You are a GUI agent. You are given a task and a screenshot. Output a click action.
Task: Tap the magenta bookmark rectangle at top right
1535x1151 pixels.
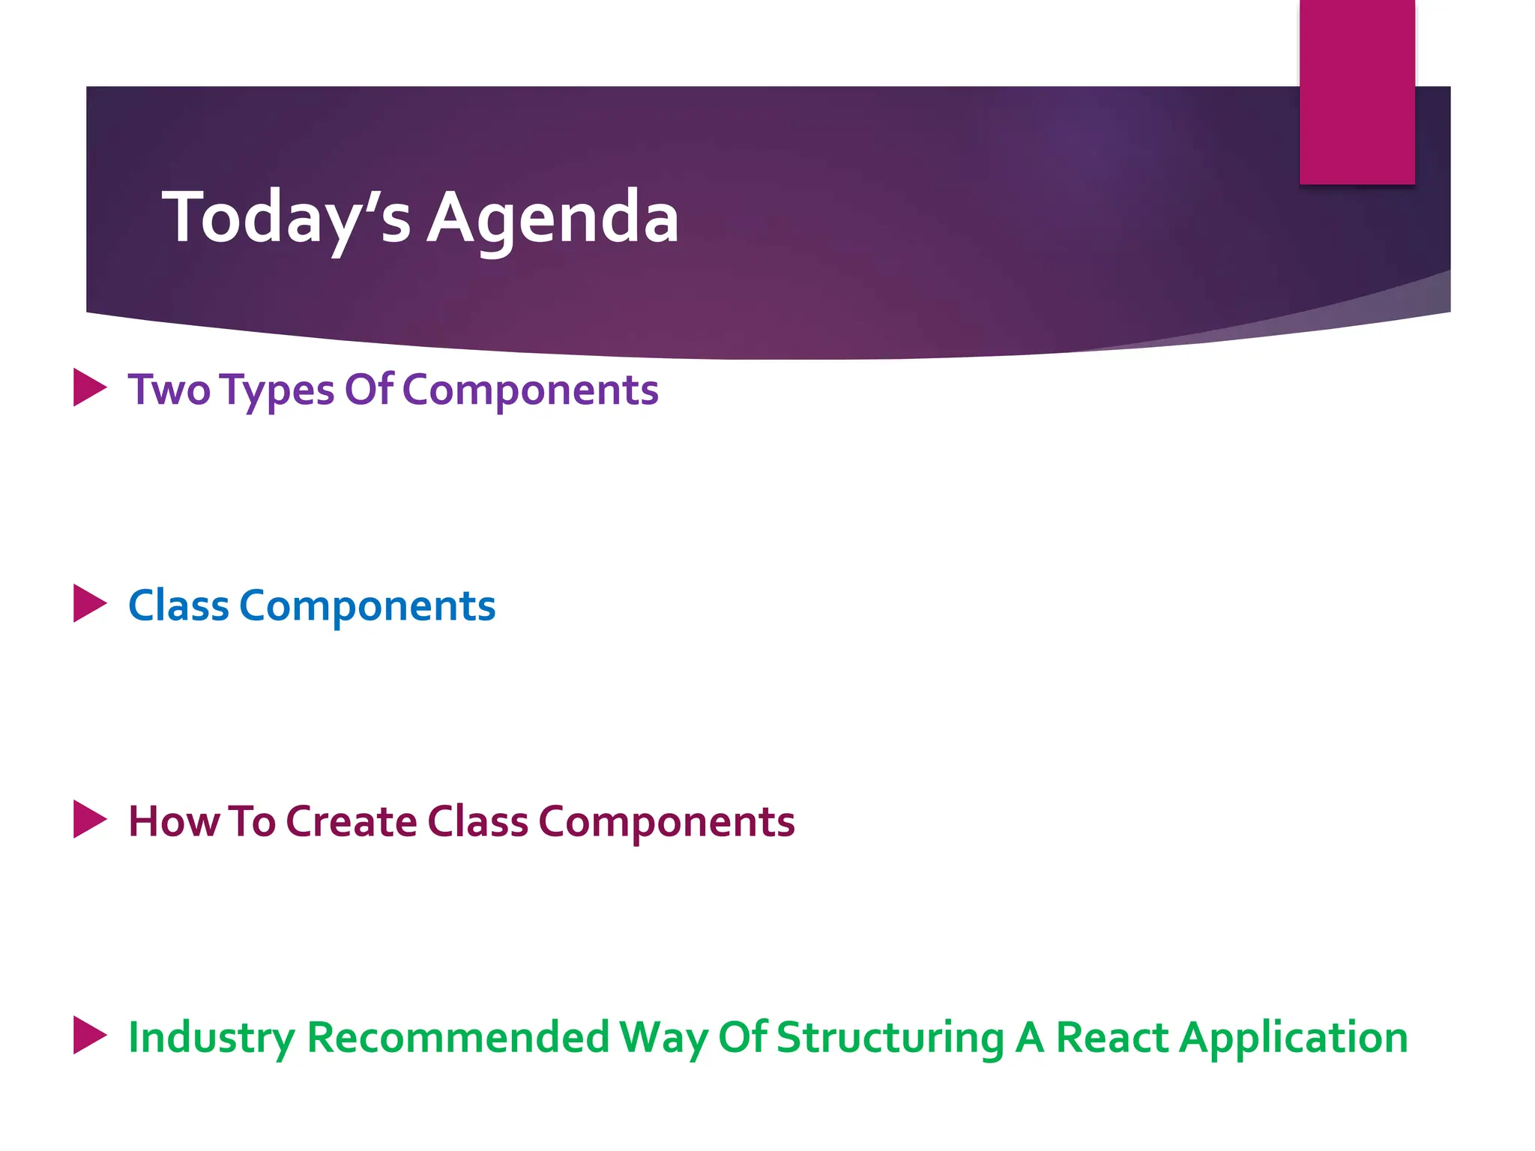pos(1357,91)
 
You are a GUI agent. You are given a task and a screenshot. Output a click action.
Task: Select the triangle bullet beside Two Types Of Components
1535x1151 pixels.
pos(89,387)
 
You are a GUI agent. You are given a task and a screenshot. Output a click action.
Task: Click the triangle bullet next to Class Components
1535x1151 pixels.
pos(89,603)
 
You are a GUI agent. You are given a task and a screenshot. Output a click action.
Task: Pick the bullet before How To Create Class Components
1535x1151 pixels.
pos(89,819)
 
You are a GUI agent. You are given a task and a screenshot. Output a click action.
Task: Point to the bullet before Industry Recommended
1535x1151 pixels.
pos(89,1036)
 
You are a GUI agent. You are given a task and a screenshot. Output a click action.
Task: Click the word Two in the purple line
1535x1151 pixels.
pos(169,390)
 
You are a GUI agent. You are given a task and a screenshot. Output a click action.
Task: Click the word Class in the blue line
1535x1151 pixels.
pos(178,605)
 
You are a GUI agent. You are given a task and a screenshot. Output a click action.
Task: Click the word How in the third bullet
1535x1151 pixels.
pos(174,821)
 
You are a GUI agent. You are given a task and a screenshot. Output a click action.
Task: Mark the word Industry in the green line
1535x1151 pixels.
pos(211,1039)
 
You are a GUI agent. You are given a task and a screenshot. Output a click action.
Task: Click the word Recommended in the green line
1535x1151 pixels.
pos(458,1037)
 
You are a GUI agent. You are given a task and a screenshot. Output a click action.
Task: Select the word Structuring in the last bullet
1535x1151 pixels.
pos(890,1039)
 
